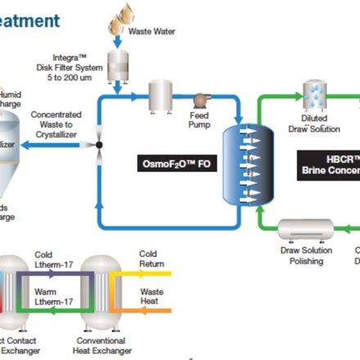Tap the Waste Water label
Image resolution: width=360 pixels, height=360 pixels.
coord(151,32)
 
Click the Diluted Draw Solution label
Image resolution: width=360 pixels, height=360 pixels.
coord(314,123)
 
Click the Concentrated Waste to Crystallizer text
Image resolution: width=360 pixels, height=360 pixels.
coord(58,124)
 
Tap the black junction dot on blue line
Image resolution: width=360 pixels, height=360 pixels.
coord(99,146)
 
